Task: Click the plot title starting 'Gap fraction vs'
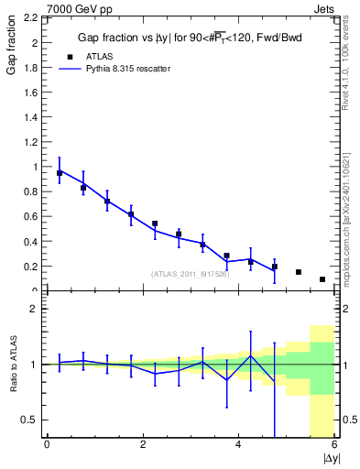190,37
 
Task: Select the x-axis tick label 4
239,444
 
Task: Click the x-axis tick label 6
334,444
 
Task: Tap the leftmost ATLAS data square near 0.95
60,172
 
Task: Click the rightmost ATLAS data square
322,279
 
